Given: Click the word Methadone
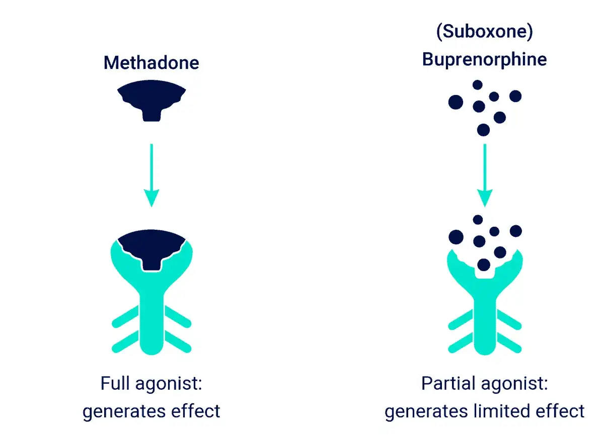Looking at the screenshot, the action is click(x=152, y=63).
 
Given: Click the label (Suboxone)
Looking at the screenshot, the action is click(x=485, y=32).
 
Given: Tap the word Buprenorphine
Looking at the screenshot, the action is click(x=485, y=60).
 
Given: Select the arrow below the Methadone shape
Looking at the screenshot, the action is click(x=152, y=175).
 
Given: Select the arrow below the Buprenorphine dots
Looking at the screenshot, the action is click(x=485, y=175).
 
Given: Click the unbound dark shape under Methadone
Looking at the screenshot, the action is click(x=152, y=97).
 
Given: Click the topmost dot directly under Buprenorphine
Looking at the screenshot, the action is click(x=478, y=85).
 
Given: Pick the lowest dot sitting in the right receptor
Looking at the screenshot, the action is click(x=484, y=265).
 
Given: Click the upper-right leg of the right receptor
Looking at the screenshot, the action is click(x=509, y=319).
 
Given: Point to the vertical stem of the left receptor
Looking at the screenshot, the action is click(x=152, y=323).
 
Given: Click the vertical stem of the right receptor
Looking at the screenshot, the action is click(x=485, y=326).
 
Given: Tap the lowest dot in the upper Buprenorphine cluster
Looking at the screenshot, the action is click(x=484, y=130).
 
